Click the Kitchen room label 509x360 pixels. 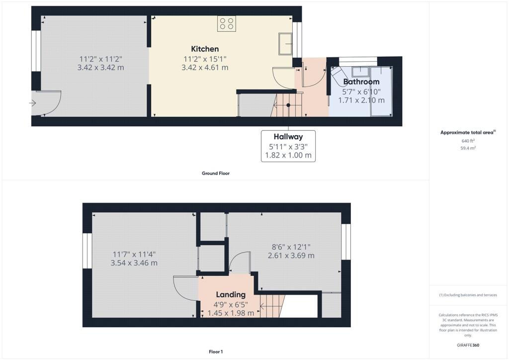[205, 49]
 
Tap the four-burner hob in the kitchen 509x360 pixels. [227, 24]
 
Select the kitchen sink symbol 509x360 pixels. [285, 44]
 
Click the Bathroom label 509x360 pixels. [361, 82]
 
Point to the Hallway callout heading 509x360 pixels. [288, 137]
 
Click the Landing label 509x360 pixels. [231, 294]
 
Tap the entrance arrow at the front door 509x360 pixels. [32, 103]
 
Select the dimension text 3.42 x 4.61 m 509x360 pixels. [205, 68]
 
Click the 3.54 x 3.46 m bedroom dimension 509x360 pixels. [134, 263]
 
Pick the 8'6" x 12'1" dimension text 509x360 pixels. [291, 247]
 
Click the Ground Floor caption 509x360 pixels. [216, 174]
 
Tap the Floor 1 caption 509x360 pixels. [216, 352]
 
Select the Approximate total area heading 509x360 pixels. [468, 132]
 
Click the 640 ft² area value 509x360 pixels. [468, 141]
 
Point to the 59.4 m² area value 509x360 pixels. [468, 148]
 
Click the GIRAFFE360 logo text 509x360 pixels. [468, 345]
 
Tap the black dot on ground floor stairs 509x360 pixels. [288, 105]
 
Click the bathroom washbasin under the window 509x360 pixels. [361, 71]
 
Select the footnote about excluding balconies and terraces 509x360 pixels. [468, 295]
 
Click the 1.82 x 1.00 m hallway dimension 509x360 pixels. [288, 155]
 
